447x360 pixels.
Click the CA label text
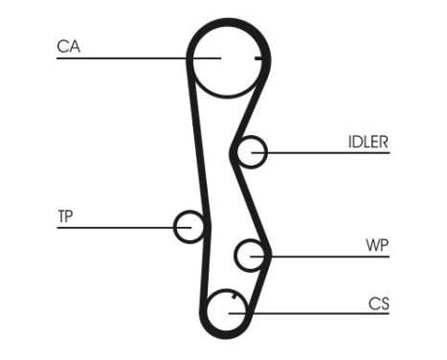click(67, 45)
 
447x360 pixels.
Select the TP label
click(65, 215)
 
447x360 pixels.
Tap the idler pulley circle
click(252, 152)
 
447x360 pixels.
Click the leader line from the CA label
click(124, 58)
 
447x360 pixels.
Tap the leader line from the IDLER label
click(325, 152)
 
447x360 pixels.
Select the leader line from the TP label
click(115, 227)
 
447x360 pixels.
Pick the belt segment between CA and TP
click(193, 144)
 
